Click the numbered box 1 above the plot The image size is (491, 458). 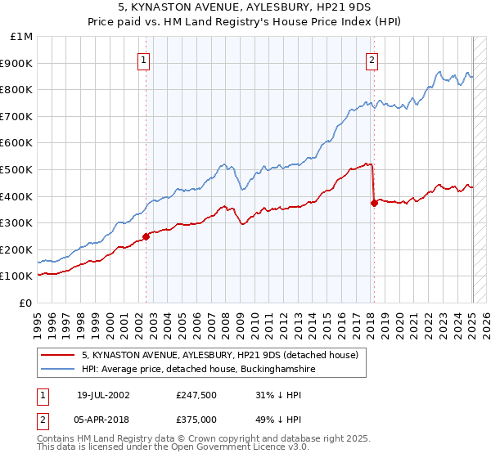(x=143, y=59)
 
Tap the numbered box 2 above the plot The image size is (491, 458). (x=372, y=59)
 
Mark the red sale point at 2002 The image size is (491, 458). (x=146, y=236)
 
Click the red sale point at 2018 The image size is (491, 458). (x=374, y=203)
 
